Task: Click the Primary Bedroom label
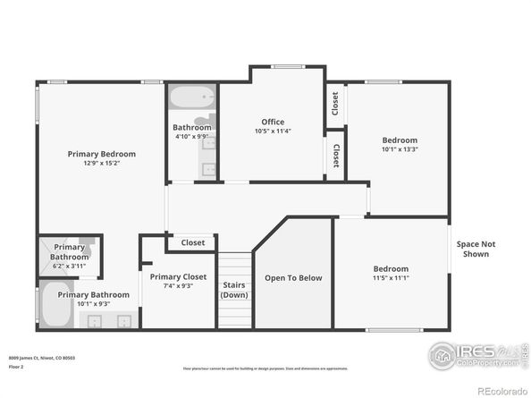[x=101, y=154]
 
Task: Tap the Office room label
[x=273, y=122]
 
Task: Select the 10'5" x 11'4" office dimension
[x=273, y=132]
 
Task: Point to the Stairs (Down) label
[x=234, y=290]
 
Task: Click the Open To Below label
[x=292, y=278]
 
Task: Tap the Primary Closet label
[x=178, y=276]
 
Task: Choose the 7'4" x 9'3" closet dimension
[x=178, y=287]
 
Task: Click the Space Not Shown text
[x=476, y=249]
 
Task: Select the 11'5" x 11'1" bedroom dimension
[x=391, y=279]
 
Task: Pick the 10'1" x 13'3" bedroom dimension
[x=400, y=150]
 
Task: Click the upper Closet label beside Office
[x=335, y=104]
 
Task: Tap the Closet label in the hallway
[x=193, y=242]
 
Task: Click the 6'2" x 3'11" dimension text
[x=69, y=267]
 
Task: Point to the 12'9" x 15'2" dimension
[x=101, y=164]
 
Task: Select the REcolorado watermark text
[x=502, y=390]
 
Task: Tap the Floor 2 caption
[x=17, y=367]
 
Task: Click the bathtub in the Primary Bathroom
[x=52, y=305]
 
